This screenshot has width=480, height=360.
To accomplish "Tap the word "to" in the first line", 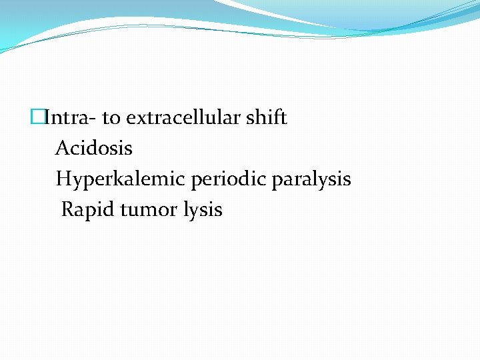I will coord(111,119).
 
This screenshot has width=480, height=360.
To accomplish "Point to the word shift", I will coord(267,119).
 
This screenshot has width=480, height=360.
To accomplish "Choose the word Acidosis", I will coord(94,148).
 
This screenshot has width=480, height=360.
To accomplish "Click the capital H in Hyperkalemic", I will coord(63,179).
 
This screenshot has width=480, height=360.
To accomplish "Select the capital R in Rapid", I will coord(67,210).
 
